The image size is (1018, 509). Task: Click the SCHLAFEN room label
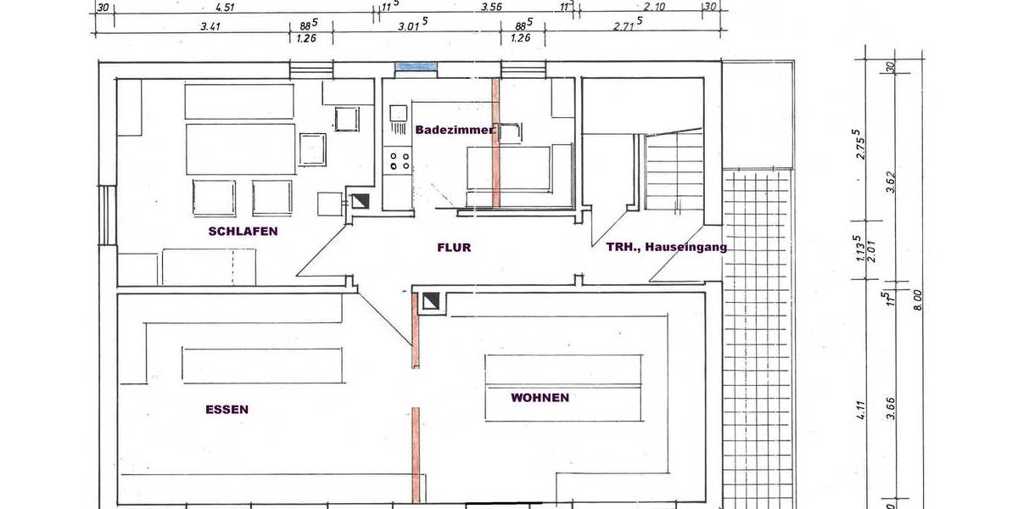[x=243, y=231]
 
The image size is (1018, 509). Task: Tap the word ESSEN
[x=227, y=409]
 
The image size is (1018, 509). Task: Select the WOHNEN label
[x=540, y=397]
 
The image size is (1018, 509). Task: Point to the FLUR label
[x=454, y=248]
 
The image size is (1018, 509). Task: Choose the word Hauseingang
[x=685, y=247]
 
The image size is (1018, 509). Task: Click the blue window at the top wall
[x=417, y=66]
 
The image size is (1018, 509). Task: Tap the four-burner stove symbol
[x=399, y=159]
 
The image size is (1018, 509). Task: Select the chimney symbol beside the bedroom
[x=360, y=201]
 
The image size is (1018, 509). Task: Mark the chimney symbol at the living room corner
[x=431, y=300]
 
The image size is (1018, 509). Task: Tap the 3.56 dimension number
[x=491, y=8]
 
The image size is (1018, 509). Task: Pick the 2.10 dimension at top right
[x=654, y=8]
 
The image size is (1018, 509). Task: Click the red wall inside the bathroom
[x=496, y=144]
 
